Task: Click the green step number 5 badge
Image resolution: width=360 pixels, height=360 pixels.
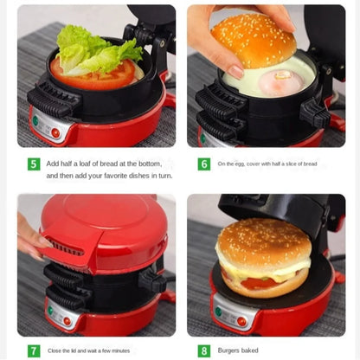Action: (34, 164)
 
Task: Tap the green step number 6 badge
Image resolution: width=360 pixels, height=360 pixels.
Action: (204, 164)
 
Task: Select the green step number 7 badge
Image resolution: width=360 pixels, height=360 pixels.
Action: (34, 350)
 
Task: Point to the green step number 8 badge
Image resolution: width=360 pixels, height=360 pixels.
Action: (204, 350)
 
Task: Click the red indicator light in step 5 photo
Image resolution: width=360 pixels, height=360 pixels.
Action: (55, 132)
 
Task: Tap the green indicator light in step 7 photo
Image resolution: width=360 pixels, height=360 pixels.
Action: (49, 311)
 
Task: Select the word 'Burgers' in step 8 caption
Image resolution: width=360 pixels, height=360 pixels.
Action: (232, 350)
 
